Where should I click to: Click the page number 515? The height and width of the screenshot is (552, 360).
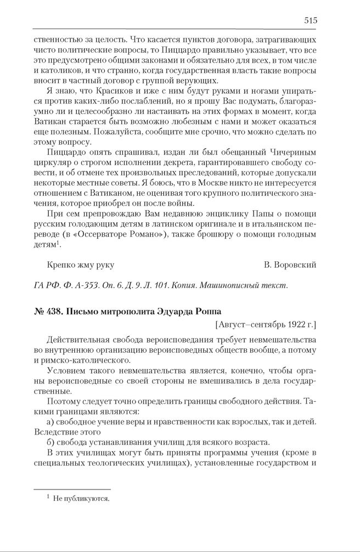click(x=310, y=20)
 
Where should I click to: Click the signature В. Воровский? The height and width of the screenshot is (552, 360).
click(x=290, y=265)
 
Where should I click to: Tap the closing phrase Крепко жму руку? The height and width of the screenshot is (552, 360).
click(x=81, y=265)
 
